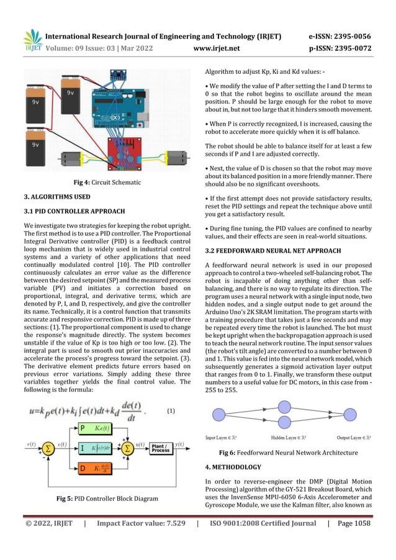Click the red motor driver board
pos(128,150)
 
